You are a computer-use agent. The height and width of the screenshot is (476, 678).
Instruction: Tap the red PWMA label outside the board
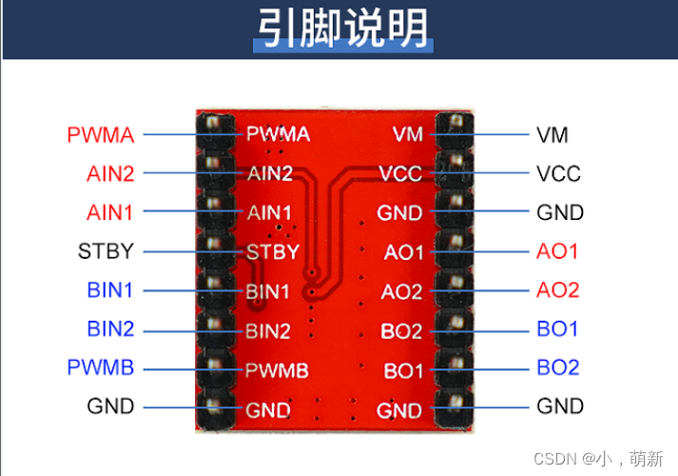(x=100, y=135)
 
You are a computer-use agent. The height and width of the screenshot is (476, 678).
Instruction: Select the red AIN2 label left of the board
(x=110, y=174)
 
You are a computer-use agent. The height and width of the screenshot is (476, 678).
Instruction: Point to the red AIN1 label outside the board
(x=110, y=212)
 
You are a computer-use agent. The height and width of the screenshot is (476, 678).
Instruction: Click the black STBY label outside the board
(x=106, y=252)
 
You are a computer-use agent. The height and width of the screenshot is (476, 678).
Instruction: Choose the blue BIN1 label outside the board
(x=110, y=290)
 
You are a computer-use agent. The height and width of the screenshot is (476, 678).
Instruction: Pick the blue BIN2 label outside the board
(x=110, y=329)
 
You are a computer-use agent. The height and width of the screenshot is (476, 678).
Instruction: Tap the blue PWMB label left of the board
(x=101, y=367)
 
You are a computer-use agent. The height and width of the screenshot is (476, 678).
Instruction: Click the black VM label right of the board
(x=552, y=135)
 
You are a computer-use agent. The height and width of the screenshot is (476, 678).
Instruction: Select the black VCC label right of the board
(x=558, y=174)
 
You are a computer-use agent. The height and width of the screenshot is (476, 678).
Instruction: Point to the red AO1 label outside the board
(x=557, y=252)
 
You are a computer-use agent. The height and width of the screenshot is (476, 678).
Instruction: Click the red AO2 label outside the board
(x=557, y=290)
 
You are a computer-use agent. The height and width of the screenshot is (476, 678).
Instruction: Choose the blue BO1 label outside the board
(x=557, y=329)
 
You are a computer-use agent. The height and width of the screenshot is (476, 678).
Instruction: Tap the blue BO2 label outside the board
(x=557, y=367)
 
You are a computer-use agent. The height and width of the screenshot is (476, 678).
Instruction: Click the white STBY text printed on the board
(x=272, y=253)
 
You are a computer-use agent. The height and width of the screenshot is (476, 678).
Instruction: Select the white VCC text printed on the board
(x=400, y=175)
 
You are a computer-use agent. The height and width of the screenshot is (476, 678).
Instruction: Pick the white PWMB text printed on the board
(x=277, y=370)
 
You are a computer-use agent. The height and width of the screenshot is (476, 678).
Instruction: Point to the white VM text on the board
(x=408, y=135)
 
